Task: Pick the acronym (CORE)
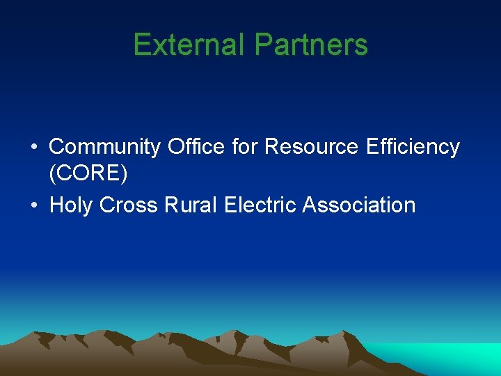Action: point(88,174)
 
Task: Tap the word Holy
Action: point(72,205)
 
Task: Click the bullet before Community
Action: point(33,148)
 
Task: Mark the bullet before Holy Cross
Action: point(33,206)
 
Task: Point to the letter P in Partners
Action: point(262,45)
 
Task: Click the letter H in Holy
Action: point(58,205)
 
